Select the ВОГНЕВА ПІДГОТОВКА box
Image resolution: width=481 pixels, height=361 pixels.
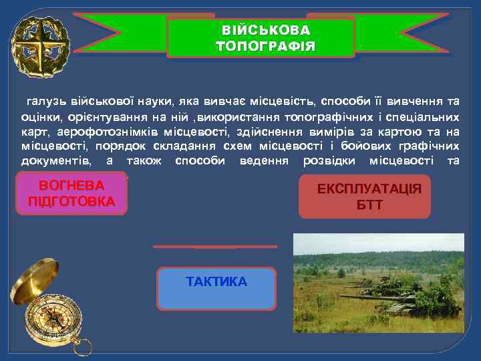tap(72, 194)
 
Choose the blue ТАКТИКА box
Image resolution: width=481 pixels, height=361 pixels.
tap(216, 289)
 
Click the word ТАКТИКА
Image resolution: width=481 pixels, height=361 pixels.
tap(216, 281)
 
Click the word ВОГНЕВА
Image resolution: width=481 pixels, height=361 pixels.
tap(71, 186)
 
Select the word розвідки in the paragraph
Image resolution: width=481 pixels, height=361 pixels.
tap(332, 160)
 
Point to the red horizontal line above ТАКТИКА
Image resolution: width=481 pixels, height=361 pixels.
tap(214, 246)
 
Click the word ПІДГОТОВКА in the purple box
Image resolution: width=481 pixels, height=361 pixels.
tap(71, 201)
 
